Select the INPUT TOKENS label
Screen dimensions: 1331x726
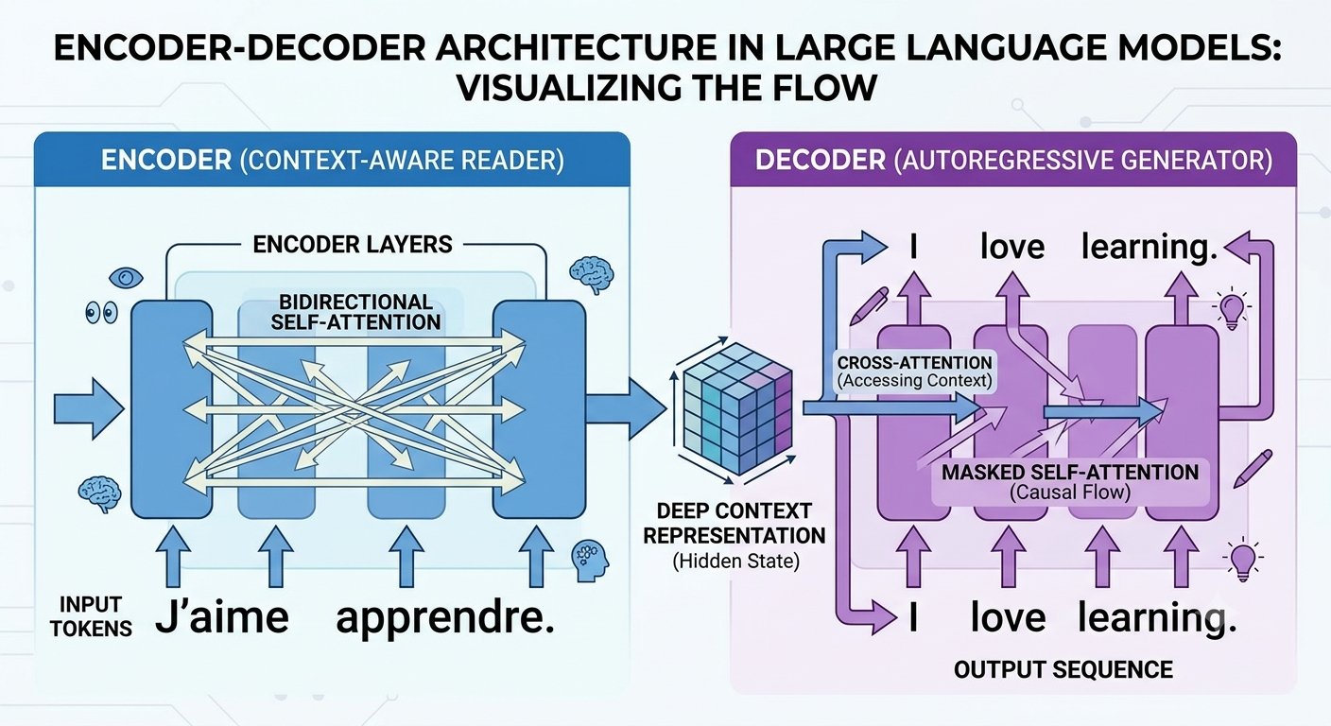[x=91, y=616]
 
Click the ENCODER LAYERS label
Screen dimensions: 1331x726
[x=353, y=244]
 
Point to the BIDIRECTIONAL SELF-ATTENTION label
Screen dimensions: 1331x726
[x=356, y=312]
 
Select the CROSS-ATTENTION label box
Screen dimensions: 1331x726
[x=914, y=372]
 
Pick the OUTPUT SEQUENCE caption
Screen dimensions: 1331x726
[x=1063, y=669]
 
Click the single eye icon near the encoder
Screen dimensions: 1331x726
[x=126, y=277]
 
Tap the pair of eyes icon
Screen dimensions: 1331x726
[x=101, y=313]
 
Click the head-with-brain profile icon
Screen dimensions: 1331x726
[x=590, y=561]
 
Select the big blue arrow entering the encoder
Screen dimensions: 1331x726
[x=89, y=409]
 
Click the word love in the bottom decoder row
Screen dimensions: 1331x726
[x=1008, y=618]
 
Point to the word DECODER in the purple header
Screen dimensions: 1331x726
[x=820, y=161]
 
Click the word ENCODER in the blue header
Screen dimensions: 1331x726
[x=166, y=161]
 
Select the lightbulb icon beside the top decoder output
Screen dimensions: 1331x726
[x=1231, y=309]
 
